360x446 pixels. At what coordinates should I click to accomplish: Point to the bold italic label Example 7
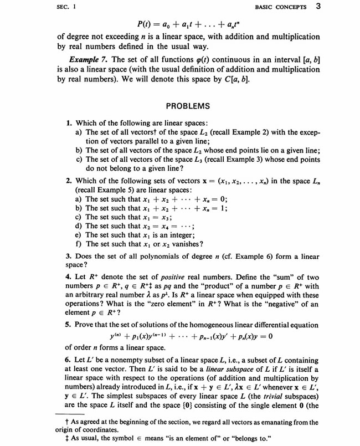point(87,59)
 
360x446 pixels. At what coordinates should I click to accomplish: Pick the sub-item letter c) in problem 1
point(79,159)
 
